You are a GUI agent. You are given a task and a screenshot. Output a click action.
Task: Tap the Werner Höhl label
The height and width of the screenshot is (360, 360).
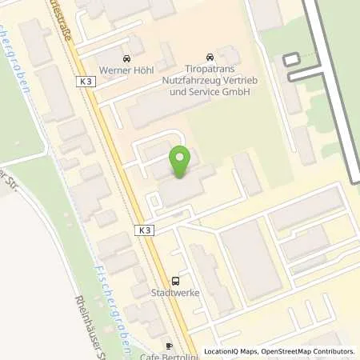[126, 70]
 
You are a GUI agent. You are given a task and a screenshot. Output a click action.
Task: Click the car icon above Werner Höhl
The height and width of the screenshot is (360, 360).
[126, 58]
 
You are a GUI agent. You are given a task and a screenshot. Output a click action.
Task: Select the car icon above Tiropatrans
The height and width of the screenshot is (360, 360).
[210, 57]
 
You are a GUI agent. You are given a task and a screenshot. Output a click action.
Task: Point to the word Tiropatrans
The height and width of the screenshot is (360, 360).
[209, 70]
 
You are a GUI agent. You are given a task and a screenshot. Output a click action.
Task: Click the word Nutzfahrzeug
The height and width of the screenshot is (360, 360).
[186, 82]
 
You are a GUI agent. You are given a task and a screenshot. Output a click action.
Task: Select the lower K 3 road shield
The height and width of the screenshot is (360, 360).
[142, 230]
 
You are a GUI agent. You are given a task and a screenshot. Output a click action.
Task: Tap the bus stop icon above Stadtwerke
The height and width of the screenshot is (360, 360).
[176, 281]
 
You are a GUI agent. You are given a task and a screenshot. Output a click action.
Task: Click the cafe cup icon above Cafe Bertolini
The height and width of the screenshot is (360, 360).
[169, 346]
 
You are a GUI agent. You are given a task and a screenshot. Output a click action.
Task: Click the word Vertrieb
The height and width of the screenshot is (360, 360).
[232, 82]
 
